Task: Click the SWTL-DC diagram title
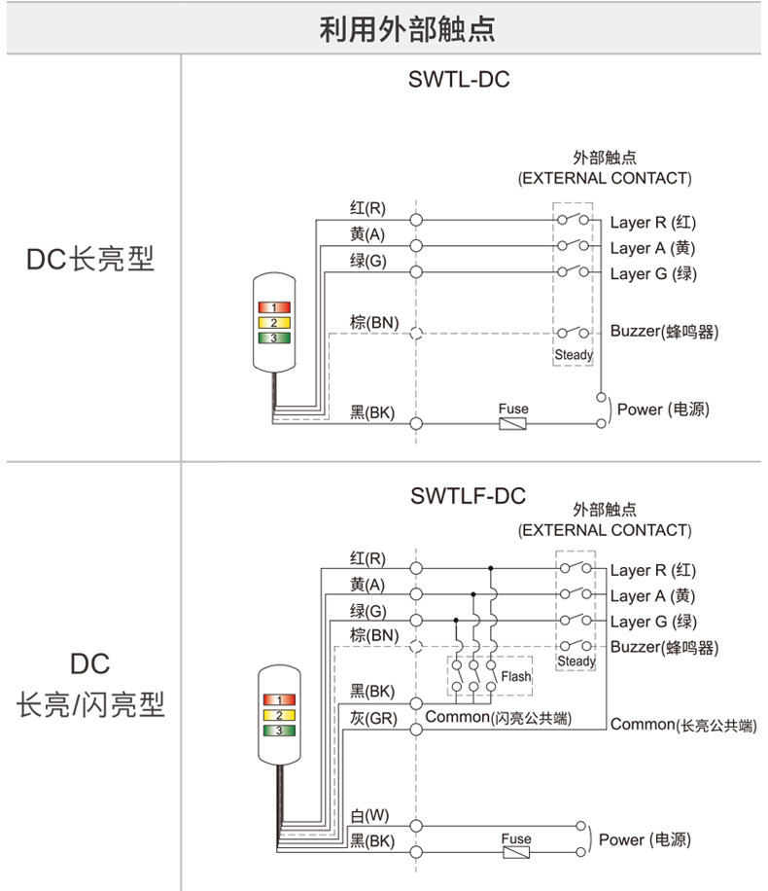pos(459,79)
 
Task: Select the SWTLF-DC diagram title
pos(468,496)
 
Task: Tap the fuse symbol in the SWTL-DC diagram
pos(512,423)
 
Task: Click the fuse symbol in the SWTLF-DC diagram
pos(516,852)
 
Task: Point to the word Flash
pos(516,676)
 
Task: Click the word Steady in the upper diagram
pos(574,355)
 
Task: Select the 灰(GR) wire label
pos(373,718)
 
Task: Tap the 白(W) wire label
pos(369,815)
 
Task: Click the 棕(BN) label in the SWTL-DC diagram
pos(374,322)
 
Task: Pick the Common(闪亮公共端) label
pos(498,717)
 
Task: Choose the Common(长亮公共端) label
pos(683,725)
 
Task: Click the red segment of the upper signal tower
pos(274,307)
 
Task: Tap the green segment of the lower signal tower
pos(279,731)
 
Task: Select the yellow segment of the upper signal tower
pos(274,323)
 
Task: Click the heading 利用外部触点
pos(406,29)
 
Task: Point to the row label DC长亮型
pos(90,259)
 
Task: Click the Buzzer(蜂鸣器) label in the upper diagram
pos(664,331)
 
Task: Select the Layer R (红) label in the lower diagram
pos(652,570)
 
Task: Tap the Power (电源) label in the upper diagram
pos(663,410)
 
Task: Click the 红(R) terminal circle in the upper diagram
pos(416,219)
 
